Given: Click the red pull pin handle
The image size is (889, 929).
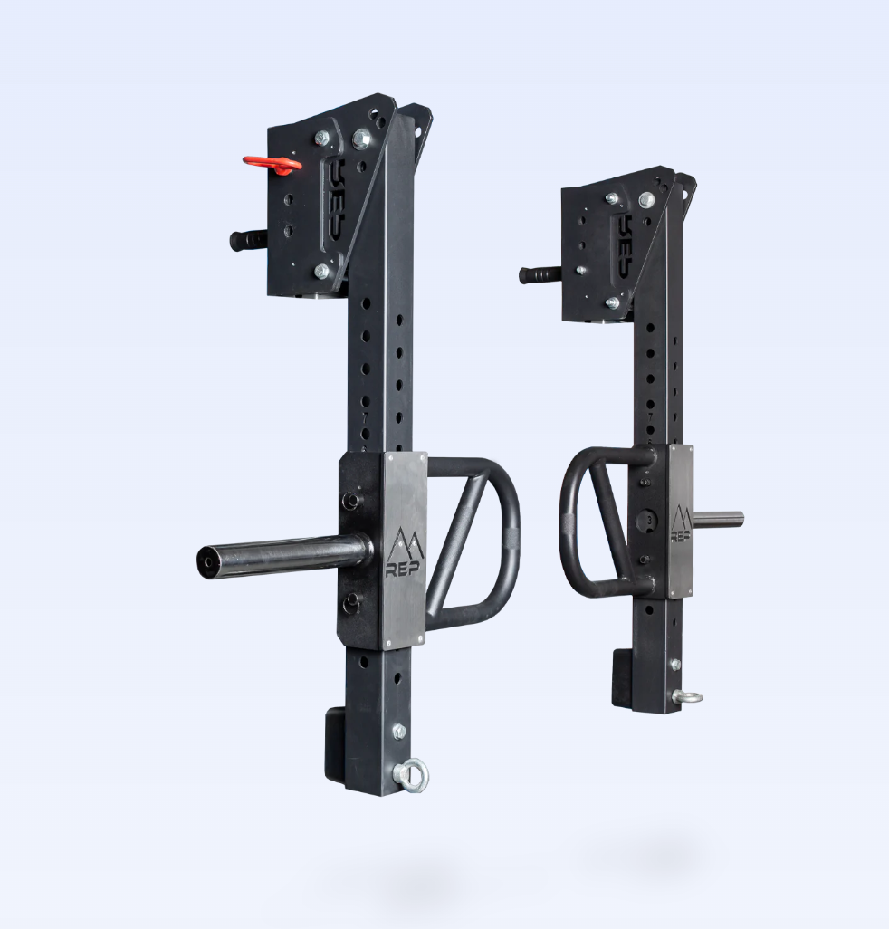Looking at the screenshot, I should click(x=269, y=163).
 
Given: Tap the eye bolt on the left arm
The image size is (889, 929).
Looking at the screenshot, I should click(x=413, y=775).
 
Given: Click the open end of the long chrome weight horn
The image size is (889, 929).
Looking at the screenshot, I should click(x=208, y=561).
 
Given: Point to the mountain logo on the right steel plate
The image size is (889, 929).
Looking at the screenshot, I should click(x=681, y=518).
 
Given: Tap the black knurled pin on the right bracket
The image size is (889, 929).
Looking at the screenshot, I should click(x=540, y=273).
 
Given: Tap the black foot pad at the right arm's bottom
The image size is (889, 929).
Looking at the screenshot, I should click(x=622, y=677).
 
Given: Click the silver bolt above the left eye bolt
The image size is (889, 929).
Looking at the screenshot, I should click(x=399, y=731).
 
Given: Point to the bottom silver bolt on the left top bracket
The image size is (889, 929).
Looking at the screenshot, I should click(x=322, y=271).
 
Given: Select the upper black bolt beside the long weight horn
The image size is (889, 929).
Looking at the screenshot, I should click(x=351, y=500).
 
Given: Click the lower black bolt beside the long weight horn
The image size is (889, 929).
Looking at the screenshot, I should click(x=351, y=601).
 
